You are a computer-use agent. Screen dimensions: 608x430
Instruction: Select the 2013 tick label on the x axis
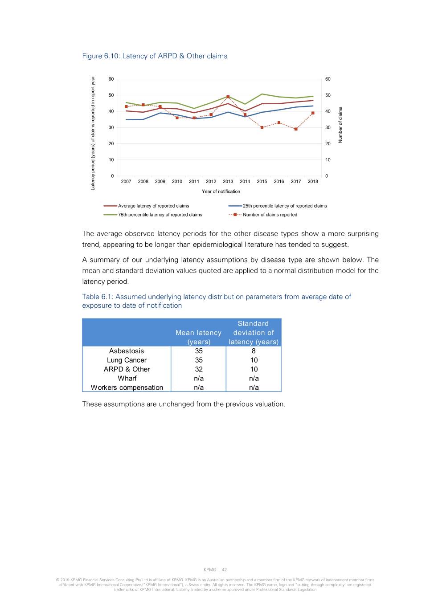click(x=228, y=182)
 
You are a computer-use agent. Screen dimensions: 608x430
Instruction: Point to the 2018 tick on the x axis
click(x=313, y=182)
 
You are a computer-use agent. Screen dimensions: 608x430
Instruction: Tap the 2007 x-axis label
click(x=126, y=182)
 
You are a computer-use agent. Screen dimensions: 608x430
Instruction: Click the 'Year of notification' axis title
click(x=221, y=192)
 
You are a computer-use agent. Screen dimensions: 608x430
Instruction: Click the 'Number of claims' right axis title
click(x=340, y=125)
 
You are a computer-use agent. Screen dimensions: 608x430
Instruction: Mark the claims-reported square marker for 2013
click(x=228, y=97)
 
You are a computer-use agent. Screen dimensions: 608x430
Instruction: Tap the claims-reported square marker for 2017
click(x=296, y=129)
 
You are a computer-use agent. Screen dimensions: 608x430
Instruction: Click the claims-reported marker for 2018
click(x=313, y=113)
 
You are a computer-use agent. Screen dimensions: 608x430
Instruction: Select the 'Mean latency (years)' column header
click(x=198, y=337)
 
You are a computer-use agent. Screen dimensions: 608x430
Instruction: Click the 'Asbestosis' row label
click(x=127, y=351)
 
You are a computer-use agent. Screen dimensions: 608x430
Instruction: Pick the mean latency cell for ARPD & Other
click(x=199, y=369)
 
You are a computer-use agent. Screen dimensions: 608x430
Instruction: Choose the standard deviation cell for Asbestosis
click(x=254, y=351)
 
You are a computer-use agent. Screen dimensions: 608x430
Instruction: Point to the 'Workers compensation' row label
click(x=127, y=388)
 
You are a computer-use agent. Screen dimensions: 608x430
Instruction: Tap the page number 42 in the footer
click(x=224, y=570)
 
